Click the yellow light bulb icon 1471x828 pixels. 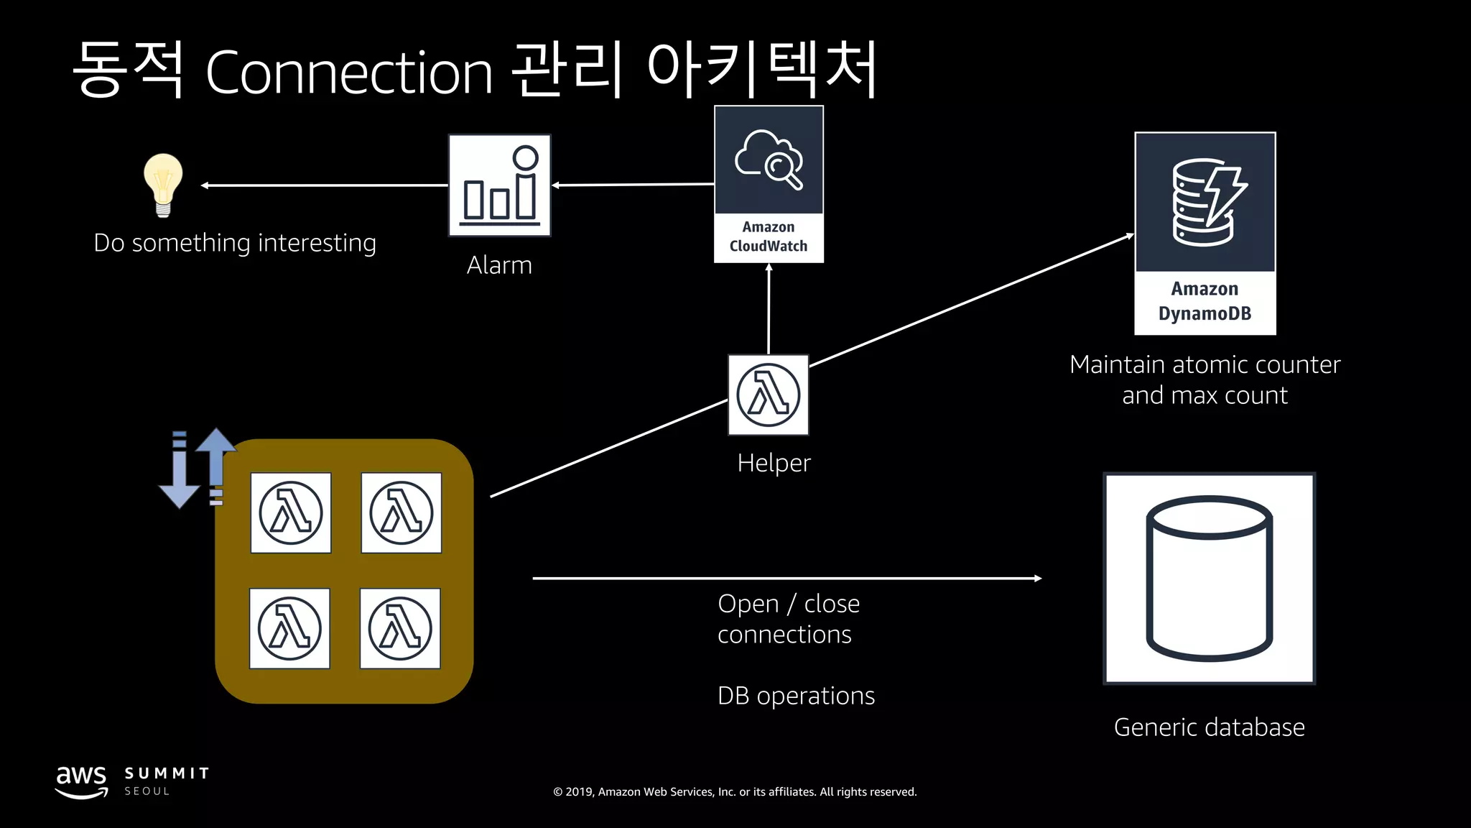(163, 184)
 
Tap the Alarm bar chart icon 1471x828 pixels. (499, 185)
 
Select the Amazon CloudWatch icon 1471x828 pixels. (769, 183)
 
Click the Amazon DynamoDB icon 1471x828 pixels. (1205, 232)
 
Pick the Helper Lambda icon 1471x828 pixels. (768, 395)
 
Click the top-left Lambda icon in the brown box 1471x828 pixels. (291, 512)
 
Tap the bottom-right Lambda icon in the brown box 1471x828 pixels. (400, 628)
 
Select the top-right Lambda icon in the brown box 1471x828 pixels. (401, 512)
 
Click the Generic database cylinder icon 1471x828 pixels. (1209, 578)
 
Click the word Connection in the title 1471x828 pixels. (349, 73)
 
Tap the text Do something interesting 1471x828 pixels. (235, 243)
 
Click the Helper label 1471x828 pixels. (774, 463)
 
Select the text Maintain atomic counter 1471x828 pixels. (1205, 364)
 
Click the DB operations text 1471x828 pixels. (796, 696)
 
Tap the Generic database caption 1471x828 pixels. (1209, 727)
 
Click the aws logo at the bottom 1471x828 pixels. (81, 781)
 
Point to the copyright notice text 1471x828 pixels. (735, 792)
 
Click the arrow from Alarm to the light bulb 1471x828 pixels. (323, 185)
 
